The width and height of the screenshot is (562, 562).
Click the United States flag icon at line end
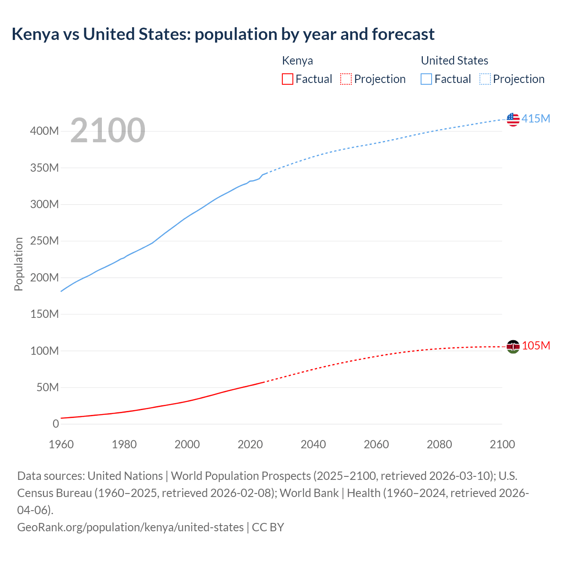513,119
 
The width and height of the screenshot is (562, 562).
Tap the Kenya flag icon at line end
513,346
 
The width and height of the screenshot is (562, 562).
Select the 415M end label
536,119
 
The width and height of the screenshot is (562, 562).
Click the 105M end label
536,346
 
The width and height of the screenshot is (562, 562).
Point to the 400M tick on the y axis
44,131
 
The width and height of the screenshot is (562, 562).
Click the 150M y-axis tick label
44,314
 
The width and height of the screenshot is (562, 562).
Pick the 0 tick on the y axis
56,424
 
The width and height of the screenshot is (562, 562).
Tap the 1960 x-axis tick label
61,444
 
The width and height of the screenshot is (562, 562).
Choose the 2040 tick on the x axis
313,444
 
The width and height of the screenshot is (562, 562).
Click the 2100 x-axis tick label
502,444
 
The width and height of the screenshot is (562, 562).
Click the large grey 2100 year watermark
108,130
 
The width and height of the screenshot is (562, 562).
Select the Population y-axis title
18,264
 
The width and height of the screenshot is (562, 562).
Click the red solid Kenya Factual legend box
288,79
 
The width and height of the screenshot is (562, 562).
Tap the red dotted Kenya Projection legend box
346,79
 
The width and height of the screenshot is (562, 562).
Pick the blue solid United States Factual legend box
426,79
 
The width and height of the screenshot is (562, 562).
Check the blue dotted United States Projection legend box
485,79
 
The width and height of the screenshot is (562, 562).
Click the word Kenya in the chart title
35,34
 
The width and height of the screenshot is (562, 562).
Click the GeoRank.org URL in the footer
130,527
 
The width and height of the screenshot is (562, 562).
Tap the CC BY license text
268,527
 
